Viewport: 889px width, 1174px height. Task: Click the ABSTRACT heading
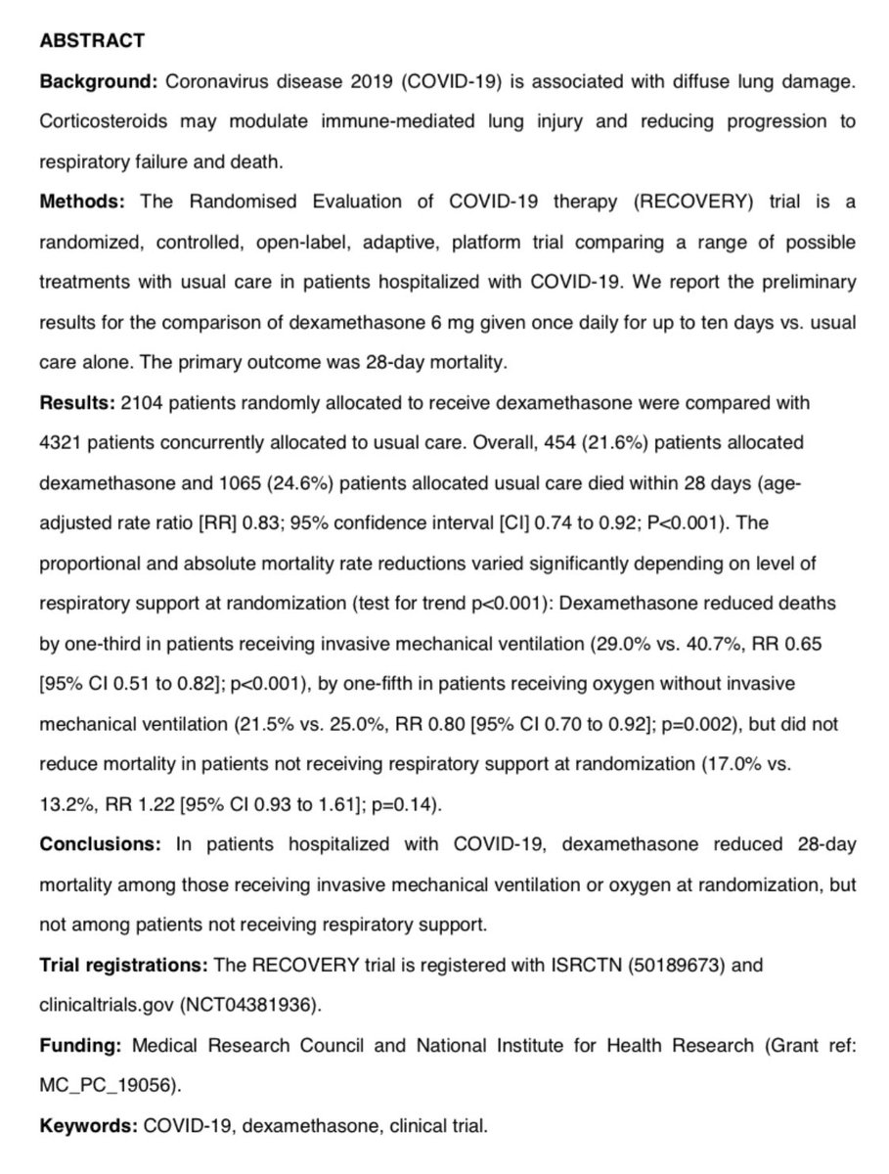(92, 41)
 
